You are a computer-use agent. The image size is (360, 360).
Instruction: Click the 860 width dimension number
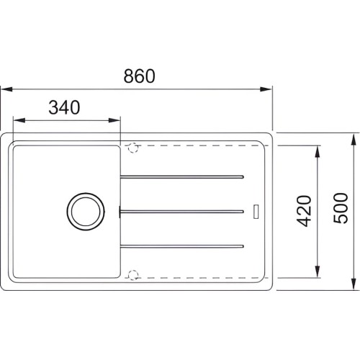click(x=140, y=76)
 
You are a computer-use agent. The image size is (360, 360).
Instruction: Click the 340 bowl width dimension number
click(x=64, y=107)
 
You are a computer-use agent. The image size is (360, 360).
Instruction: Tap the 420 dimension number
click(x=304, y=212)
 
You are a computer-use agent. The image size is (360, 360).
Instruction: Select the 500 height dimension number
click(x=341, y=208)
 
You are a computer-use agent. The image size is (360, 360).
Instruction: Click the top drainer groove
click(x=182, y=177)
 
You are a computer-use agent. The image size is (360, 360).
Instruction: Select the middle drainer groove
click(x=182, y=212)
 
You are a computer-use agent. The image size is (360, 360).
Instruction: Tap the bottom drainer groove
click(x=182, y=246)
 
